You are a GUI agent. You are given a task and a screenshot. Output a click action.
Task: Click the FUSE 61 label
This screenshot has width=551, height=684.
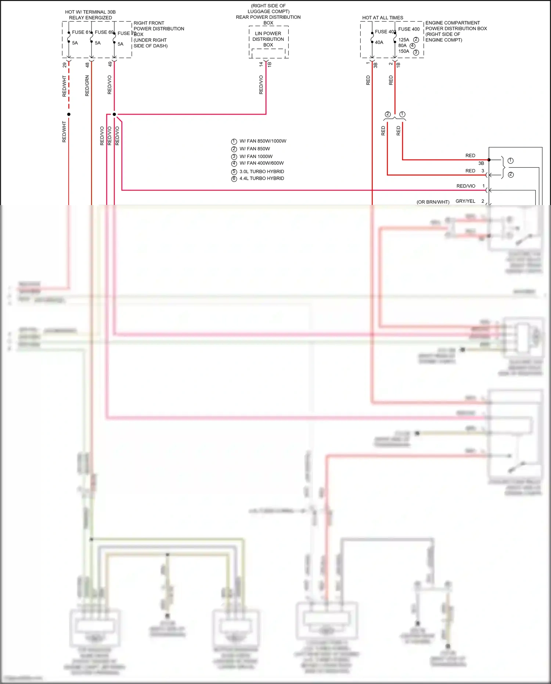(81, 32)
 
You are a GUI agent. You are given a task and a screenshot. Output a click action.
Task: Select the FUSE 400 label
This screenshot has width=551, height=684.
(409, 29)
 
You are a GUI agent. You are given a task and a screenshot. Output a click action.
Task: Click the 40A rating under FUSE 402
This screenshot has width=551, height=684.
(379, 43)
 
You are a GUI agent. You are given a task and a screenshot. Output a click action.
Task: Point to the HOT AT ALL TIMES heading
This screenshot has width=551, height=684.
(382, 18)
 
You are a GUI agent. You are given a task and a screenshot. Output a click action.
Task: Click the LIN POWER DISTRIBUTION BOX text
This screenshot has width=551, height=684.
(268, 39)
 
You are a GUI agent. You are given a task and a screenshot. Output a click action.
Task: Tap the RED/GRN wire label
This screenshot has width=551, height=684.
(87, 86)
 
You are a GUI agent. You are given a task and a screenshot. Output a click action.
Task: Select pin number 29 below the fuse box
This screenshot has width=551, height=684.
(65, 65)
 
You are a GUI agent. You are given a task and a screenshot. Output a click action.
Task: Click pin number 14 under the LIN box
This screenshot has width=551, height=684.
(261, 64)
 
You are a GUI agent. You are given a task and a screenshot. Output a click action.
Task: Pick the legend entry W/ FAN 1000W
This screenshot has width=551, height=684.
(256, 157)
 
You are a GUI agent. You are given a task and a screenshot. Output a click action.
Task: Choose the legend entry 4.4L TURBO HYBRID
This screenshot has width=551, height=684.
(262, 179)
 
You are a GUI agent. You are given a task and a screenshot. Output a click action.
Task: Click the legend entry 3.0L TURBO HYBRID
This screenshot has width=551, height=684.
(262, 172)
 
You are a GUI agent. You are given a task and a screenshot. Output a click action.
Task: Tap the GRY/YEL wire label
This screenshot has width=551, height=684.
(465, 201)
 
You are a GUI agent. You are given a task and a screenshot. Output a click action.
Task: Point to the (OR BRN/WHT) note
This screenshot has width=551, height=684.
(433, 202)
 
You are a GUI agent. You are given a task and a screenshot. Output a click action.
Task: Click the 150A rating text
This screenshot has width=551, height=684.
(404, 51)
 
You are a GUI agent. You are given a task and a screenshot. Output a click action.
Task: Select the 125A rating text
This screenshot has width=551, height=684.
(404, 40)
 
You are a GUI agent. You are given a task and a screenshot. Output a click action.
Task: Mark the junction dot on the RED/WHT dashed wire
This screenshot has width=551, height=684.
(69, 114)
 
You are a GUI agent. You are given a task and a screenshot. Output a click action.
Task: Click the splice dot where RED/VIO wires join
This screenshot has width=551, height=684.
(114, 114)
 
